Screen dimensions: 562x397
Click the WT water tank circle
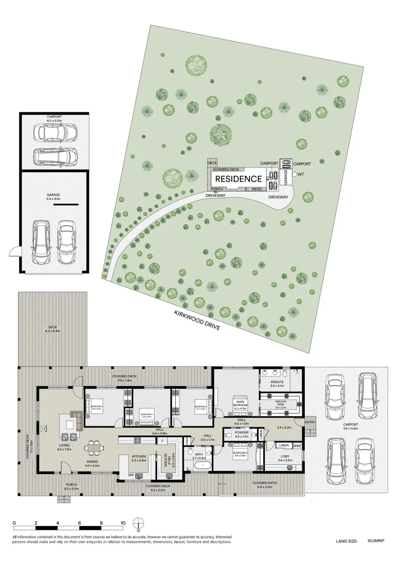point(294,175)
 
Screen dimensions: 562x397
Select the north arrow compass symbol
point(138,523)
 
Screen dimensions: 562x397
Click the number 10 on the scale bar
point(122,523)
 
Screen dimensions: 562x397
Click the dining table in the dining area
point(95,447)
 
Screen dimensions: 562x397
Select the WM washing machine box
point(297,446)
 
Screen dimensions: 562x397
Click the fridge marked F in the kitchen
point(162,441)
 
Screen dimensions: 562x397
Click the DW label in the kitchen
point(131,475)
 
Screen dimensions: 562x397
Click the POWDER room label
point(241,433)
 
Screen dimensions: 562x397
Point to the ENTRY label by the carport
point(310,422)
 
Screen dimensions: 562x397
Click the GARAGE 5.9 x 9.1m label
point(54,196)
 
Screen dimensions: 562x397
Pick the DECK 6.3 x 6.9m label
point(53,328)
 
